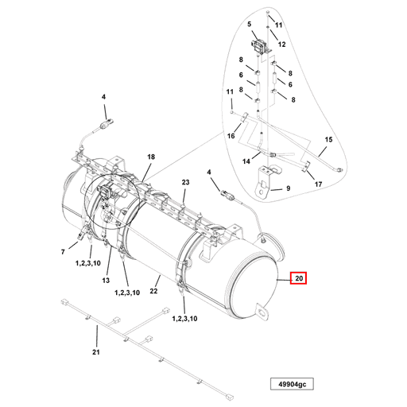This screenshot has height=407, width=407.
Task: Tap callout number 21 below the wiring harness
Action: tap(96, 352)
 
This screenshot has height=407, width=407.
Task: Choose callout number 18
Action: tap(151, 158)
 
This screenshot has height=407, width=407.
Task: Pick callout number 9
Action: tap(288, 188)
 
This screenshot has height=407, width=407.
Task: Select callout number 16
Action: tap(232, 137)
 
